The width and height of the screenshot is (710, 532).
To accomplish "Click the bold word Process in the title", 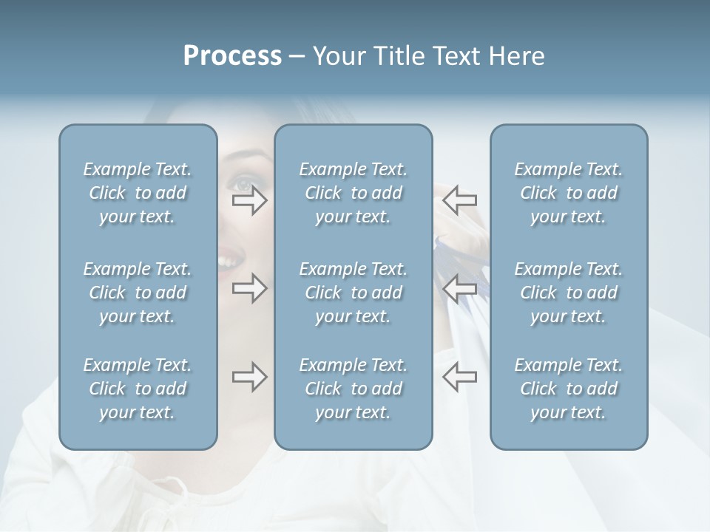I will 232,56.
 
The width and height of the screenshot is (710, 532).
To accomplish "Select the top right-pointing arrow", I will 249,200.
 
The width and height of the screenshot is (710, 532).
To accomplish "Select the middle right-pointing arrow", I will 249,288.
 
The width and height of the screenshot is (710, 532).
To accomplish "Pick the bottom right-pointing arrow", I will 249,377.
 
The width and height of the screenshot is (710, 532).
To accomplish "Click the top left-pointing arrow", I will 460,199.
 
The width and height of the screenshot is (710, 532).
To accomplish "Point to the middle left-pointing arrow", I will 460,288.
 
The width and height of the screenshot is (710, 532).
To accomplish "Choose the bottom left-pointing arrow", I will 460,377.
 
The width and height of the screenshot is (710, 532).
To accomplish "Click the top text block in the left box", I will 138,193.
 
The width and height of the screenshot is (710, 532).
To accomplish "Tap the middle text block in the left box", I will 138,293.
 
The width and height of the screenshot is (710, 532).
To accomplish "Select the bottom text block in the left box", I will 138,389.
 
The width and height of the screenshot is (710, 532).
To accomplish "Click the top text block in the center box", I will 354,193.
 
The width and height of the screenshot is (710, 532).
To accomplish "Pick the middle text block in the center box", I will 354,293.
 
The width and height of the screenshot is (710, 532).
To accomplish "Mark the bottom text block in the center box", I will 354,389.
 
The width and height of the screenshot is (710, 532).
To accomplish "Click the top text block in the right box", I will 569,193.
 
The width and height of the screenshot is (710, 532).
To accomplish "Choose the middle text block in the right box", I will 569,293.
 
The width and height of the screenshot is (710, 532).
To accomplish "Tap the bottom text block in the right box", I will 569,389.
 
